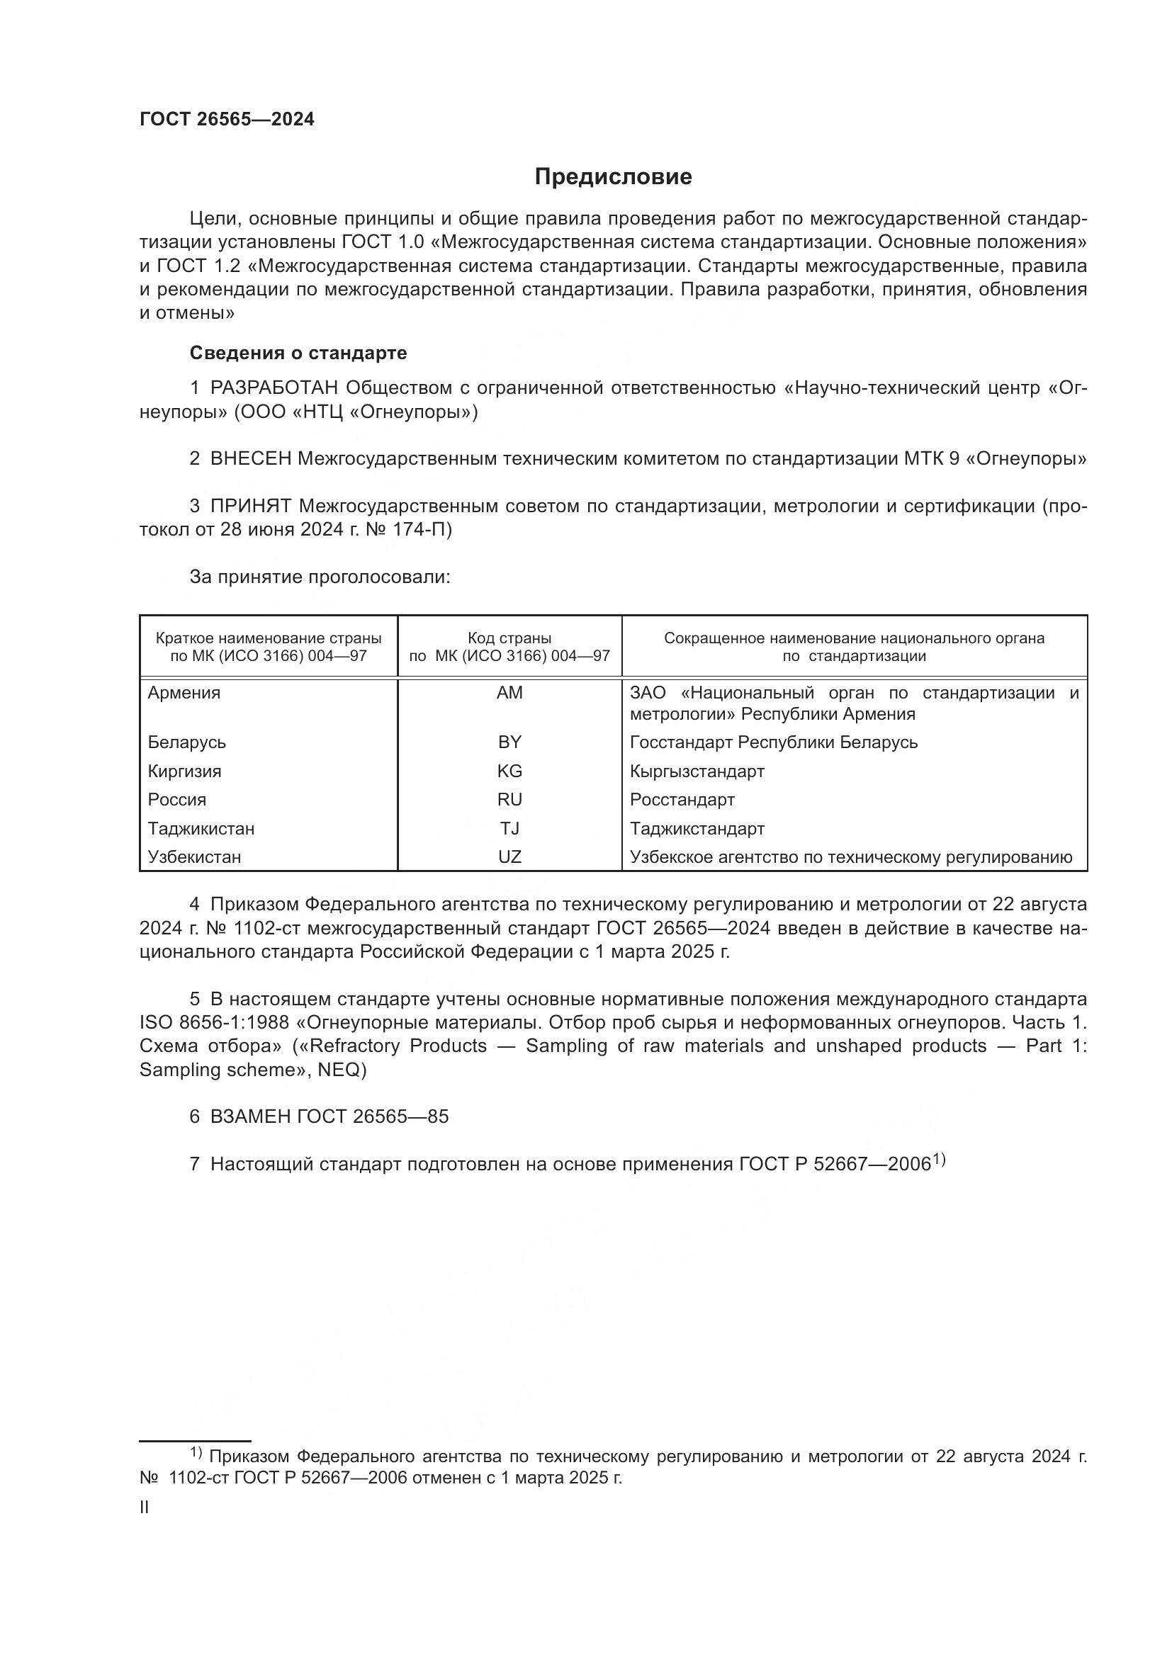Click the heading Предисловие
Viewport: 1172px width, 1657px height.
[613, 177]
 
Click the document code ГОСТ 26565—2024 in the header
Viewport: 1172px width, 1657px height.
[227, 120]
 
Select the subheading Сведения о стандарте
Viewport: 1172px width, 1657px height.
[298, 353]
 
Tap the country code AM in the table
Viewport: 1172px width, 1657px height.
[509, 693]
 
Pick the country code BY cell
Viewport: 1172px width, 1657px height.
[509, 742]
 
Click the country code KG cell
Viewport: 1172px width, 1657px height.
[509, 771]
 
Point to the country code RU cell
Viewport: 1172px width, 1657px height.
[509, 800]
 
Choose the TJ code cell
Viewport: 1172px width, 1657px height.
[509, 829]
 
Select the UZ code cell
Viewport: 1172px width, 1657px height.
[509, 856]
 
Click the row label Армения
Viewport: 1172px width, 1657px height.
[184, 693]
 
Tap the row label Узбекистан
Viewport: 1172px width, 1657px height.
[194, 856]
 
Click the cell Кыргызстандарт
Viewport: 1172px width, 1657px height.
[697, 771]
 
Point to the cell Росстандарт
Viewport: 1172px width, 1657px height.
[682, 800]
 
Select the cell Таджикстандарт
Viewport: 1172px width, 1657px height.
[697, 829]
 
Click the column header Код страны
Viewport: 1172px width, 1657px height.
[509, 638]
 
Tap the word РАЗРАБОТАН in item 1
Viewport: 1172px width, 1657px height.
[274, 388]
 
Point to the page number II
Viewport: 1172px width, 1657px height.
[144, 1508]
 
